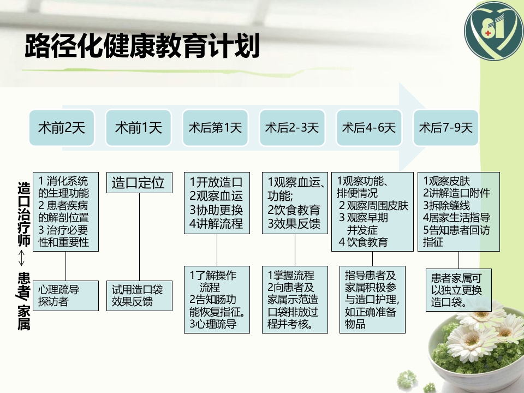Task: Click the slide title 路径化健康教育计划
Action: click(x=142, y=47)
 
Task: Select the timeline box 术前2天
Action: click(x=62, y=128)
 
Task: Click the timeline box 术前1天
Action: click(x=139, y=128)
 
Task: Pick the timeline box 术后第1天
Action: click(x=216, y=128)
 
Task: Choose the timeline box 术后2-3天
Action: click(x=292, y=128)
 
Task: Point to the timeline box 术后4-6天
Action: click(x=369, y=128)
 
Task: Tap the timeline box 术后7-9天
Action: click(x=446, y=128)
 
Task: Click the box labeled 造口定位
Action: click(x=139, y=182)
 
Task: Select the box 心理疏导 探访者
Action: click(x=65, y=295)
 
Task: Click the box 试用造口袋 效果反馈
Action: click(x=139, y=295)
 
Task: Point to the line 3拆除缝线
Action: click(x=447, y=205)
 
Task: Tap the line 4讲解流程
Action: click(x=216, y=224)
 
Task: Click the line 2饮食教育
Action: click(x=294, y=210)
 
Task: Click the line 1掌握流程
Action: click(x=291, y=275)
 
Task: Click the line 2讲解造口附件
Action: click(x=457, y=193)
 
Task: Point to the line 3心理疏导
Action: click(x=213, y=324)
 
